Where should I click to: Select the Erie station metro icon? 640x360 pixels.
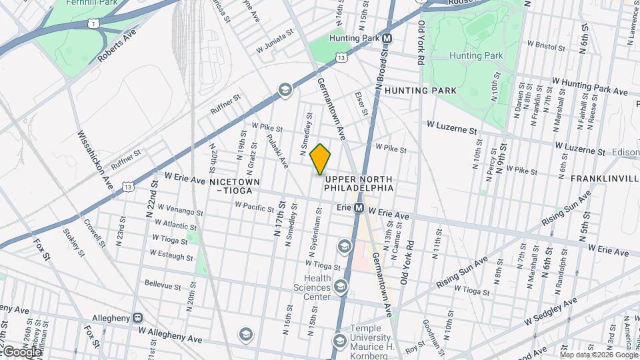coord(359,208)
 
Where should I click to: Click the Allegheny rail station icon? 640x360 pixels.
coord(137,318)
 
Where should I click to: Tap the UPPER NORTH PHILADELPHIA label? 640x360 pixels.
coord(359,184)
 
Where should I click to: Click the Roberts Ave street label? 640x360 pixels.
coord(117,45)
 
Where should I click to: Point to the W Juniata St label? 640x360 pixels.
coord(275,40)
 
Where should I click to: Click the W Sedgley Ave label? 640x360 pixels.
coord(551,312)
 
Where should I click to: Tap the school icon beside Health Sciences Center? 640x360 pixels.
coord(341,287)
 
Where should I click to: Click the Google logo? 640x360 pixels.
coord(21,351)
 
